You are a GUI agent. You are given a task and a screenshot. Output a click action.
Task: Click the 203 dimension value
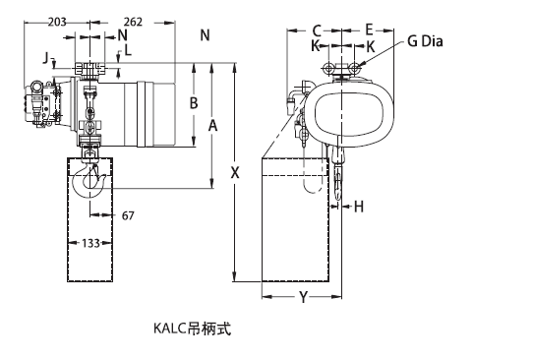pyautogui.click(x=57, y=22)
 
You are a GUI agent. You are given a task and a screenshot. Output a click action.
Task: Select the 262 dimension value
pyautogui.click(x=133, y=22)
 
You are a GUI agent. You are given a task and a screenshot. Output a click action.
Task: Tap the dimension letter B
pyautogui.click(x=194, y=102)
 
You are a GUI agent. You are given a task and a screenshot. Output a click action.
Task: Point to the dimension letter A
pyautogui.click(x=212, y=126)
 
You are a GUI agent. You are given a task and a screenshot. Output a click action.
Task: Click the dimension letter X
pyautogui.click(x=235, y=173)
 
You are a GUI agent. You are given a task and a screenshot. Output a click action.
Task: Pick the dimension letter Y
pyautogui.click(x=303, y=297)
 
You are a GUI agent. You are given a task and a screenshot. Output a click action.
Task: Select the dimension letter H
pyautogui.click(x=359, y=207)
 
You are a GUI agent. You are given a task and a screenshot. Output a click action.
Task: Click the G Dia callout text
pyautogui.click(x=425, y=41)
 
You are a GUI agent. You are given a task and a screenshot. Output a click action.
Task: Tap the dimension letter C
pyautogui.click(x=317, y=30)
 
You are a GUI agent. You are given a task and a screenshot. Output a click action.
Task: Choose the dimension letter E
pyautogui.click(x=369, y=30)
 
